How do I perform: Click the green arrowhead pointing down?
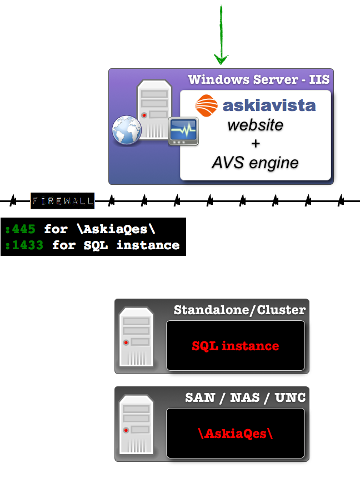[x=221, y=59]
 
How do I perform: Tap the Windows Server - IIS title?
[x=258, y=79]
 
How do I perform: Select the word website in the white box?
[x=255, y=125]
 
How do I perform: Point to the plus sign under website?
[x=256, y=144]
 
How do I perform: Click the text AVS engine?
[x=255, y=163]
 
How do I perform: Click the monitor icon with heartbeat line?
[x=183, y=132]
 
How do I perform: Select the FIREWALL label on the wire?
[x=62, y=200]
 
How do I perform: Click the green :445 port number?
[x=22, y=229]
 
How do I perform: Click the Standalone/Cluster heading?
[x=239, y=310]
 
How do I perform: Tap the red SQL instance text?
[x=235, y=346]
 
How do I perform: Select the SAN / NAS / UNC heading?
[x=245, y=397]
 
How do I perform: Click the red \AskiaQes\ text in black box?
[x=236, y=433]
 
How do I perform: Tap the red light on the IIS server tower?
[x=144, y=115]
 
